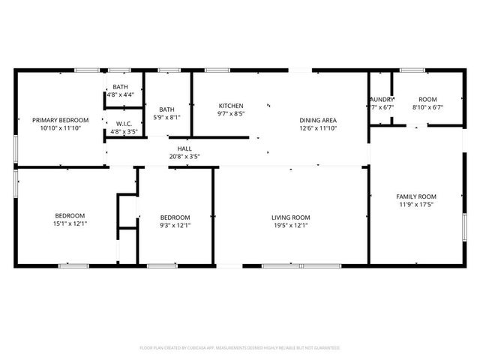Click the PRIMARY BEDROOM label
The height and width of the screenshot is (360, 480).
point(60,120)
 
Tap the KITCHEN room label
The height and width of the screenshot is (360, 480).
point(231,106)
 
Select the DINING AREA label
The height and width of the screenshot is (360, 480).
point(318,120)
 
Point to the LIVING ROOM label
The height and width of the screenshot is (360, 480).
point(291,217)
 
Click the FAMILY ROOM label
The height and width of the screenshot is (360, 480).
point(416,196)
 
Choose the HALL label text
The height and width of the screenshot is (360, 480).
point(184,148)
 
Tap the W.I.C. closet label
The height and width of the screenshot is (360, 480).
point(124,124)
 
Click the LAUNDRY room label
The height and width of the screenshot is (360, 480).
point(381,100)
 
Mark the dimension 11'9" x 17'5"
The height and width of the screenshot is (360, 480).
point(416,204)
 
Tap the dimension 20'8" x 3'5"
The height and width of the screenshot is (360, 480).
point(184,156)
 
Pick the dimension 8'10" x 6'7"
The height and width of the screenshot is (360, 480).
point(427,107)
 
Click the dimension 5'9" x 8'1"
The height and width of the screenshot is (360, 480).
point(166,117)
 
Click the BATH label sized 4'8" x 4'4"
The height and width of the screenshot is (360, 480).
point(120,88)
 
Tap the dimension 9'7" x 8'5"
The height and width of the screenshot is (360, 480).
point(231,114)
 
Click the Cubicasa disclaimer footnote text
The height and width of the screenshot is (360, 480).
point(240,348)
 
